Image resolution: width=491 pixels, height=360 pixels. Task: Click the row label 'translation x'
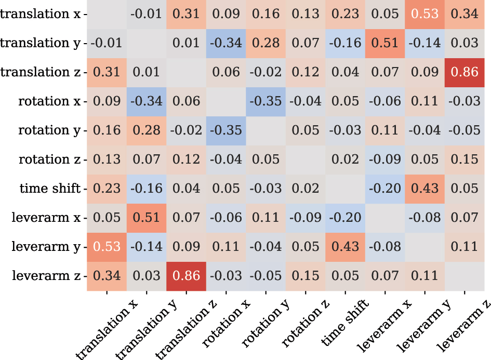41,14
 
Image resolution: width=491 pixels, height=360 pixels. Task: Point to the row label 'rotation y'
49,130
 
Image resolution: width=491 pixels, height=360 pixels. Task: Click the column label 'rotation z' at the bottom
301,327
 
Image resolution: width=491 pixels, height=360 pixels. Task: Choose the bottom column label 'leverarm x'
382,327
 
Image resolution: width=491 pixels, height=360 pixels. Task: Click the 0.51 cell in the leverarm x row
147,217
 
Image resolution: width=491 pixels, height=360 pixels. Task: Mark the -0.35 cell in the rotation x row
266,101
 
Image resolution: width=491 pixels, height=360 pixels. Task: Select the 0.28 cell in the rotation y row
147,130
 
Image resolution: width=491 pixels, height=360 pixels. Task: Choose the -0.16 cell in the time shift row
147,188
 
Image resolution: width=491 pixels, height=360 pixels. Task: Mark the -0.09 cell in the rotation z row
386,159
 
